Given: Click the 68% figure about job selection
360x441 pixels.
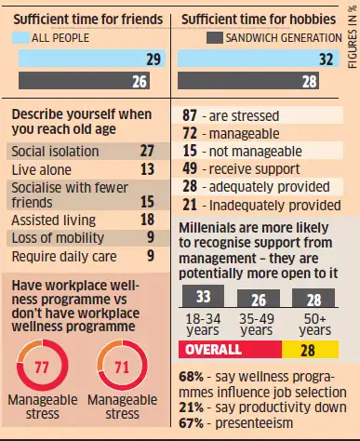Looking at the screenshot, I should tap(193, 376).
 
